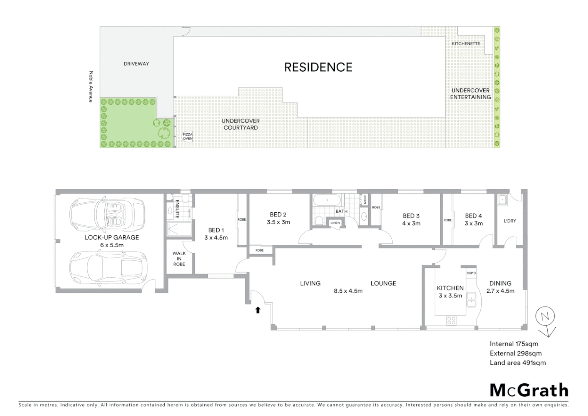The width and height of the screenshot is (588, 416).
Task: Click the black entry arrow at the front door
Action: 258,310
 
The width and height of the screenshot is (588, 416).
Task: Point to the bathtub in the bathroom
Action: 327,200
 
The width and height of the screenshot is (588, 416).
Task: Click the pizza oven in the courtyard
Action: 187,136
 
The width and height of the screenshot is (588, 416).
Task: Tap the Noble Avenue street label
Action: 91,86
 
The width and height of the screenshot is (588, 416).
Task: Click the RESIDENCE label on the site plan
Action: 318,67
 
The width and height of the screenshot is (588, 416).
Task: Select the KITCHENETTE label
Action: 466,44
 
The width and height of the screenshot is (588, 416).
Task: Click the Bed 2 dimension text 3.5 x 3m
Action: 278,222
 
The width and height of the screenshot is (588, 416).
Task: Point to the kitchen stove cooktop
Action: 451,320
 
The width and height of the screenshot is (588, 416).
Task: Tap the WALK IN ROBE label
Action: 179,258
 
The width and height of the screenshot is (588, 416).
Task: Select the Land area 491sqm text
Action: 518,362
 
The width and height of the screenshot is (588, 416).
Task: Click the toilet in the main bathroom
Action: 319,221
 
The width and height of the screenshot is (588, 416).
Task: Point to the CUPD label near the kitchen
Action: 471,273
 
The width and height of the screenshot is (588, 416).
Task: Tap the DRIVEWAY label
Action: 136,64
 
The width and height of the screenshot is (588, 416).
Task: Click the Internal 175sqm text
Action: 514,344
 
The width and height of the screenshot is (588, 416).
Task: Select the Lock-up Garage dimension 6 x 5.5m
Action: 112,245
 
